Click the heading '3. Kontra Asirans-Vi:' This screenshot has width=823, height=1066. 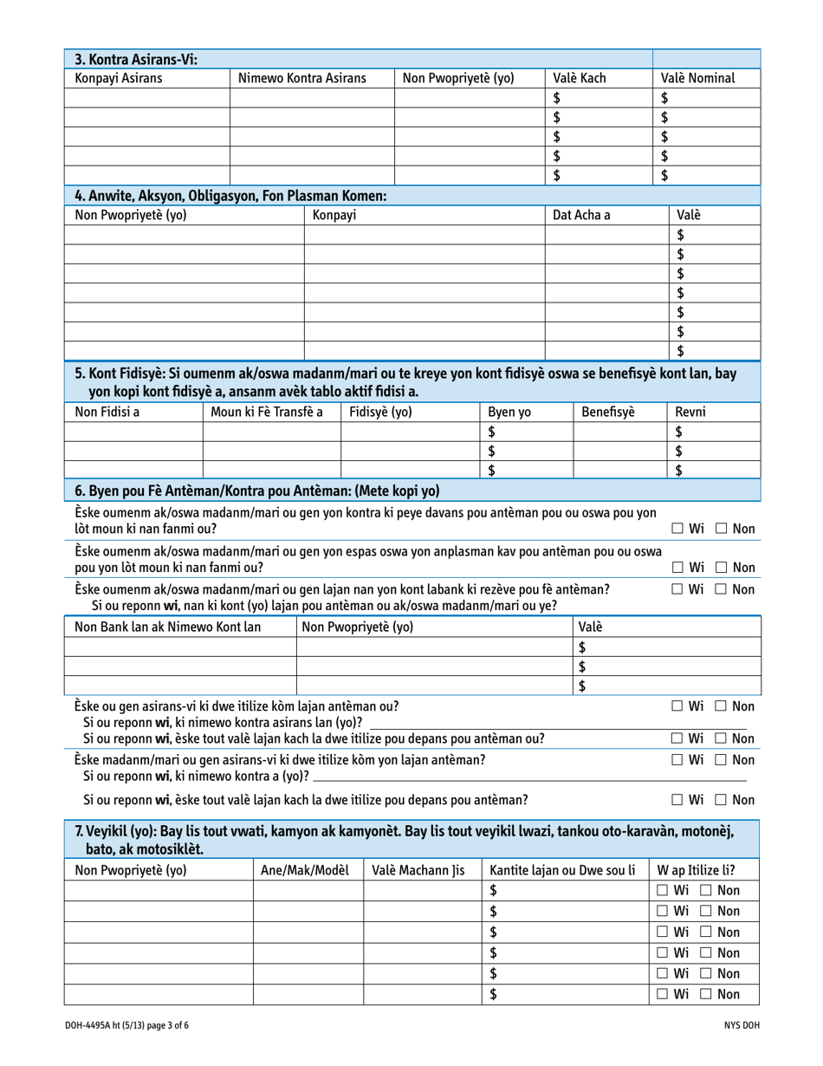[136, 59]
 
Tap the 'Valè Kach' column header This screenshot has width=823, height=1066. [580, 78]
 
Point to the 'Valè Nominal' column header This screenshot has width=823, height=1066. [698, 78]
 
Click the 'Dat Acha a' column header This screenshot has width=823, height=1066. [582, 215]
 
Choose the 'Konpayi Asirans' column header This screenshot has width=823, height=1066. [120, 78]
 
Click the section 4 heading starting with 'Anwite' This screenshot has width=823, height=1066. [230, 196]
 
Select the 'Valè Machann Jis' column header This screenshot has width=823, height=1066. [418, 870]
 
